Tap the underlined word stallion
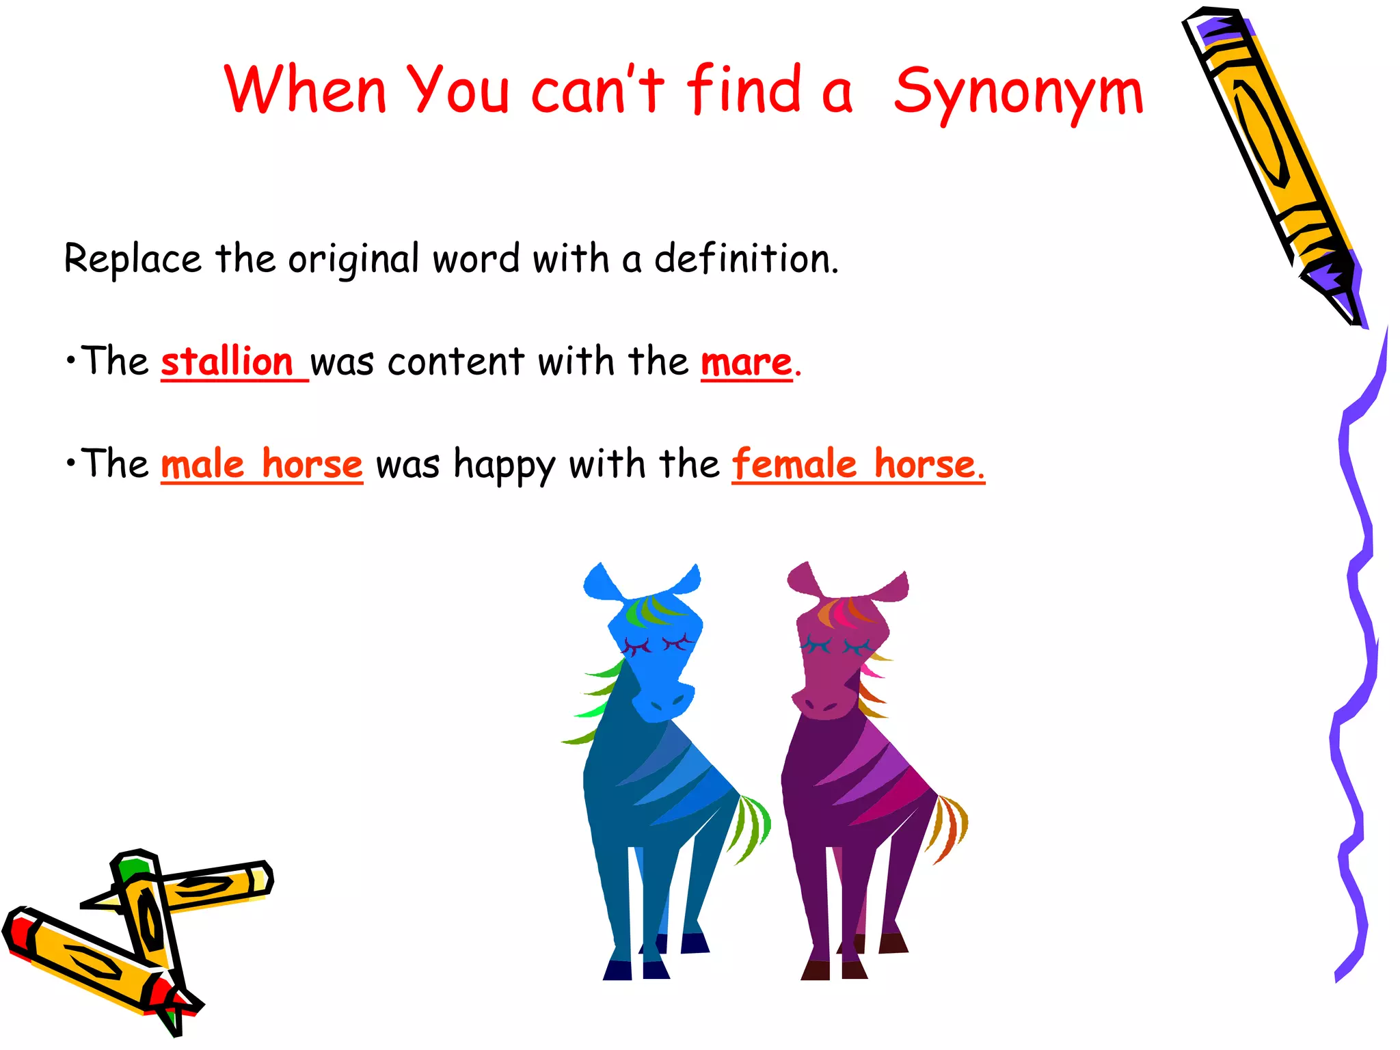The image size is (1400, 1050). pos(227,362)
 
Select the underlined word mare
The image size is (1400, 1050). pos(746,362)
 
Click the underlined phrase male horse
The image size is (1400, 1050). pos(262,465)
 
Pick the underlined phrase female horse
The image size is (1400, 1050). pos(857,465)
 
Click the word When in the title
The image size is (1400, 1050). pos(305,89)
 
